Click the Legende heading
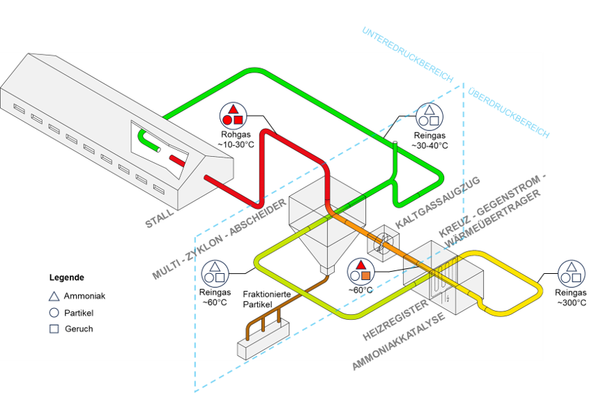67,277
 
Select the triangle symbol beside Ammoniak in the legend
54,296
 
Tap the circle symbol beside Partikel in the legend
54,313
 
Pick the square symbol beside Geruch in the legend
54,329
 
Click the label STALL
160,219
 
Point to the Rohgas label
236,134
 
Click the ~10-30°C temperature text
236,145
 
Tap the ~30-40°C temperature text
429,146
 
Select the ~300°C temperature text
571,302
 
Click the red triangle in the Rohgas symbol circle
234,109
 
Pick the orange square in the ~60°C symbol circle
365,276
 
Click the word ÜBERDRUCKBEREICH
508,112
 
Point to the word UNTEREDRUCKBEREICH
408,54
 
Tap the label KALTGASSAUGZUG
438,202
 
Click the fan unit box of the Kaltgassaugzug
383,243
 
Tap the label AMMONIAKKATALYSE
399,341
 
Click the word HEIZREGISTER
395,320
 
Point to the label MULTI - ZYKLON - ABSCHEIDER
220,239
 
